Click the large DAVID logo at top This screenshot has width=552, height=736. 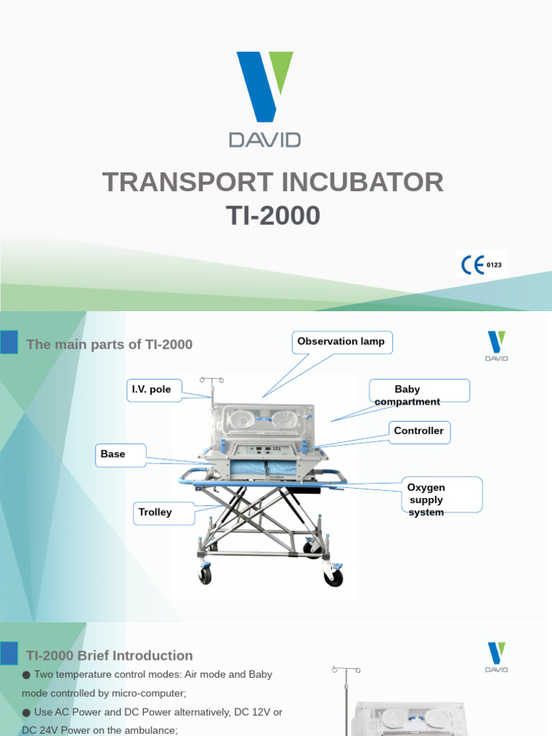coord(265,98)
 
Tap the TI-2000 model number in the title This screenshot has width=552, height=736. coord(273,216)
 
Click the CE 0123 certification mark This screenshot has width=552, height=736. coord(481,264)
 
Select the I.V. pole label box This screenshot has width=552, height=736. coord(151,390)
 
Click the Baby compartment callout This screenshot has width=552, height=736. coord(419,395)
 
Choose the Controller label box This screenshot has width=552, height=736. coord(419,431)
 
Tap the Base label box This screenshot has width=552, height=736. coord(120,454)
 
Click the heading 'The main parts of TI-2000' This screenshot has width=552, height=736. coord(109,344)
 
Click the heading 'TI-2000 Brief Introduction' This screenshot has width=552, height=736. coord(109,655)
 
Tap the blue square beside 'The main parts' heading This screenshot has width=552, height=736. coord(9,342)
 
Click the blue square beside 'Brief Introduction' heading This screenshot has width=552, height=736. coord(9,653)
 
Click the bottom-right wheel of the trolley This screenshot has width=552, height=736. coord(333,576)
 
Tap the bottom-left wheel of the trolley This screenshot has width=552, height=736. coord(206,575)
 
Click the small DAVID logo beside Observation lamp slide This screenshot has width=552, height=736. coord(496,346)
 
